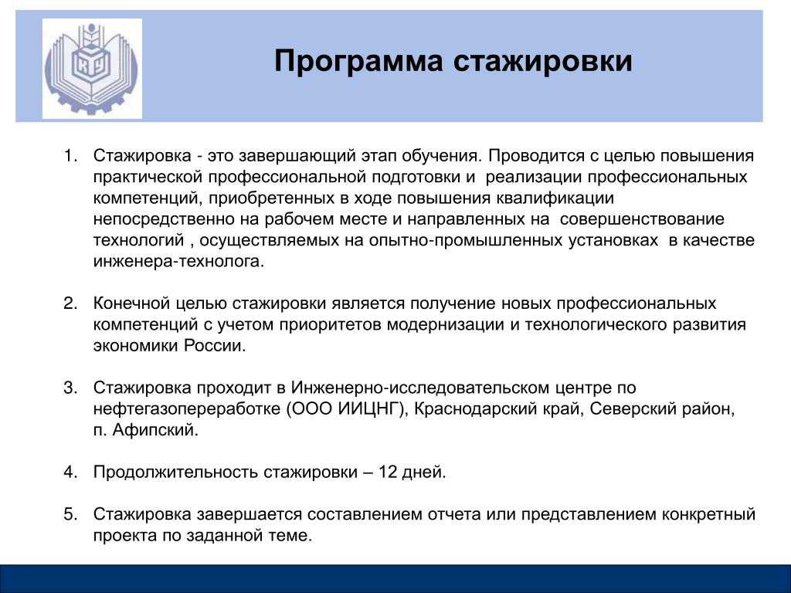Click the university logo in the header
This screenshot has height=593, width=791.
pos(92,69)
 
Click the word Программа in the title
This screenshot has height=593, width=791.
pos(358,62)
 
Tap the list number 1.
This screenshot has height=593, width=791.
pos(70,155)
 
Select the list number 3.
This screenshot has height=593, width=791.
pos(70,388)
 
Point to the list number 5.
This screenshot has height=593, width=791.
pos(70,513)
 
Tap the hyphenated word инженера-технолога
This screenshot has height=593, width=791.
pos(178,262)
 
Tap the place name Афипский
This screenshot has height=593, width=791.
pos(154,430)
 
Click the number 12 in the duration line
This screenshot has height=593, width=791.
pos(388,472)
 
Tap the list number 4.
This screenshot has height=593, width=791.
pos(70,472)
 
